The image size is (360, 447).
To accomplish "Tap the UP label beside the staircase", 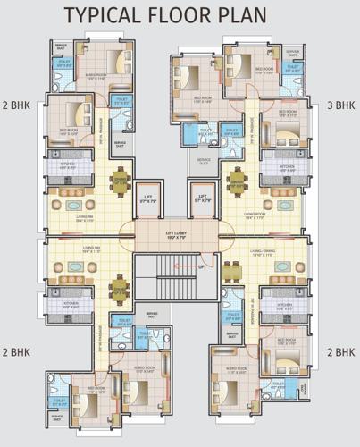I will [x=202, y=266].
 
